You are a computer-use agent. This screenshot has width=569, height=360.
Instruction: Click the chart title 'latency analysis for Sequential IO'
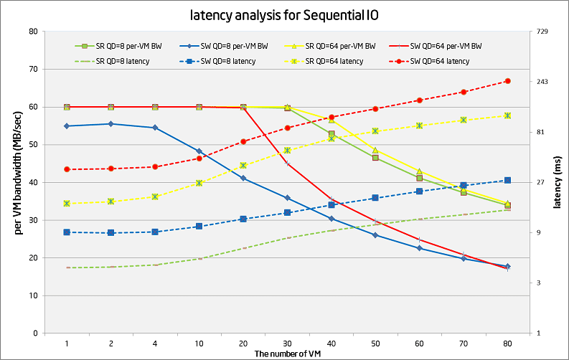[286, 14]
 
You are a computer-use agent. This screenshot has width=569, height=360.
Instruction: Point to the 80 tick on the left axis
[32, 32]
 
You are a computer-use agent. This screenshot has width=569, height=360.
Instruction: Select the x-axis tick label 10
[199, 344]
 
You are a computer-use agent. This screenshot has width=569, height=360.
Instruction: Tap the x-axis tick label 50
[375, 344]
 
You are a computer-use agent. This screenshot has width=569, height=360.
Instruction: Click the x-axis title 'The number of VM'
[286, 354]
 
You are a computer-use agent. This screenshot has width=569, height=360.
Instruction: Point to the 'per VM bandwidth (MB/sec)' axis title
[17, 182]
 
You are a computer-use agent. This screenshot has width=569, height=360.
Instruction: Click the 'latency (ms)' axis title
[557, 182]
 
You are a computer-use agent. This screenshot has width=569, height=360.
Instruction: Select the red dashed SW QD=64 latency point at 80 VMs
[507, 81]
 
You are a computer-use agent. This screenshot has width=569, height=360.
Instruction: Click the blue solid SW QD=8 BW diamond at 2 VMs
[110, 124]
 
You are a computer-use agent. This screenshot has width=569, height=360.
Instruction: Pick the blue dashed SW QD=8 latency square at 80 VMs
[507, 180]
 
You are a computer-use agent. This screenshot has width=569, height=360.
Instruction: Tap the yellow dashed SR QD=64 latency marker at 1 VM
[67, 204]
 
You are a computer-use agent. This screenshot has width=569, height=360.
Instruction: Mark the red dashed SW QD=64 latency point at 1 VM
[67, 169]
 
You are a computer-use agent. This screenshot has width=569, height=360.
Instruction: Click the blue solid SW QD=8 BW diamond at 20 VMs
[243, 178]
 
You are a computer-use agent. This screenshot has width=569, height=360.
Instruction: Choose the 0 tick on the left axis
[34, 333]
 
